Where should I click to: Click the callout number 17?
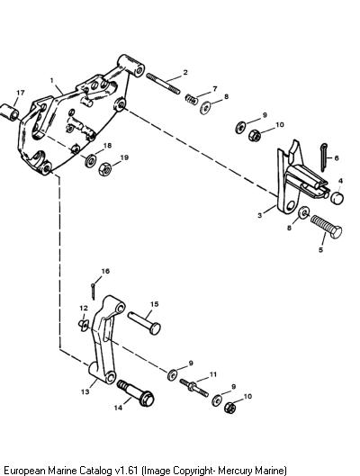pyautogui.click(x=21, y=93)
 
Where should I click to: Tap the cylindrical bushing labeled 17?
pyautogui.click(x=9, y=112)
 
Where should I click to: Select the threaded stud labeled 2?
pyautogui.click(x=163, y=84)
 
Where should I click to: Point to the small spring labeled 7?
pyautogui.click(x=192, y=99)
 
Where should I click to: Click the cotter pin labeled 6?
pyautogui.click(x=324, y=157)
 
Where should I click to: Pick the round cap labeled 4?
pyautogui.click(x=337, y=198)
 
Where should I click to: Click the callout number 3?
pyautogui.click(x=259, y=215)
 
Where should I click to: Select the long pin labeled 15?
pyautogui.click(x=144, y=323)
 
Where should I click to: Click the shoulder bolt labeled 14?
pyautogui.click(x=135, y=393)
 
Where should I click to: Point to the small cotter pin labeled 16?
pyautogui.click(x=94, y=291)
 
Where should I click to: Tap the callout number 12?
pyautogui.click(x=84, y=308)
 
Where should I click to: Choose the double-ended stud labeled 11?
pyautogui.click(x=193, y=388)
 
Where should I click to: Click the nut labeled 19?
pyautogui.click(x=105, y=169)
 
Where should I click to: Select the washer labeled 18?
pyautogui.click(x=91, y=160)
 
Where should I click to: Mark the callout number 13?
pyautogui.click(x=85, y=391)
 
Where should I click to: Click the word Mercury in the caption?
pyautogui.click(x=235, y=471)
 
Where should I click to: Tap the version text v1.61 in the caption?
pyautogui.click(x=127, y=471)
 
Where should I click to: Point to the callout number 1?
pyautogui.click(x=52, y=80)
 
